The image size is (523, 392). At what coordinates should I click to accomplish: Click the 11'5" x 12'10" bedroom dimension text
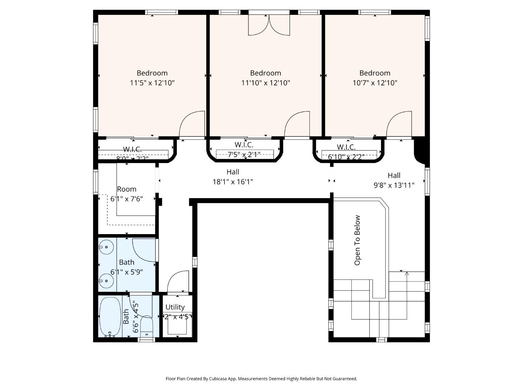(152, 83)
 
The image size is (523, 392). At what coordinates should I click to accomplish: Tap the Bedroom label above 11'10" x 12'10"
(265, 73)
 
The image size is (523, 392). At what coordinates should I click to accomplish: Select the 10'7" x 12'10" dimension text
(375, 83)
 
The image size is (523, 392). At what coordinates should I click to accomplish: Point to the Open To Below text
(357, 240)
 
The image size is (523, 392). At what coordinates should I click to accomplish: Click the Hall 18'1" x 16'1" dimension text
(232, 181)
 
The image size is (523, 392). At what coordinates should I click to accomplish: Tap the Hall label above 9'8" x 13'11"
(394, 175)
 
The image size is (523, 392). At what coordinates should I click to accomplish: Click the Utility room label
(175, 307)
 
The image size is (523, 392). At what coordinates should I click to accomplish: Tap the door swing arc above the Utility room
(178, 281)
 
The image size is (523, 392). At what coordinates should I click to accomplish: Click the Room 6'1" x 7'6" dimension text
(127, 199)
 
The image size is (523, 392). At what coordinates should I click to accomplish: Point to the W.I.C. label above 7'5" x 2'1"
(244, 145)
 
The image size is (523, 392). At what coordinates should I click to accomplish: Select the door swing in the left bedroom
(191, 123)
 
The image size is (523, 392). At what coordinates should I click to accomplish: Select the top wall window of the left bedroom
(162, 12)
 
